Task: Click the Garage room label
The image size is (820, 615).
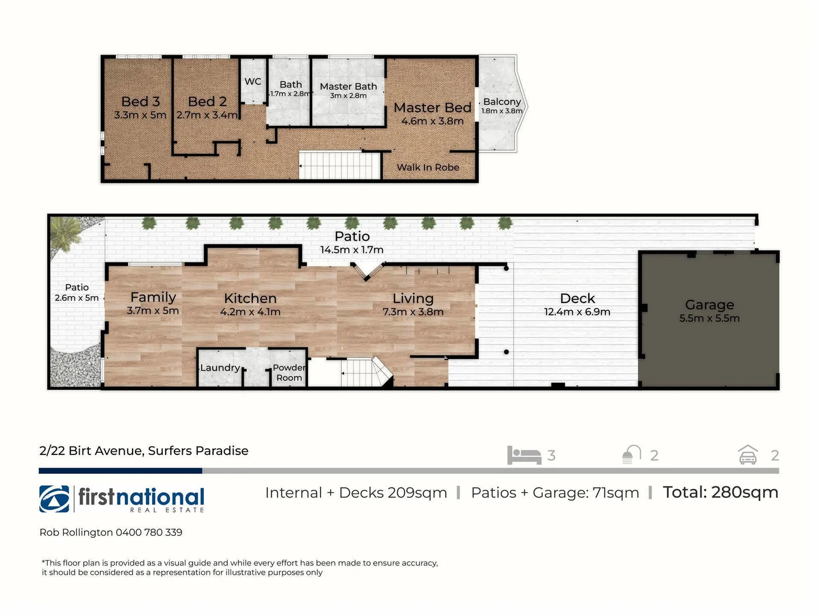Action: [710, 305]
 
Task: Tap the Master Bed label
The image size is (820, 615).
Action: [432, 108]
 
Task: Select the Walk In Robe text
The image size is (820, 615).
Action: [428, 167]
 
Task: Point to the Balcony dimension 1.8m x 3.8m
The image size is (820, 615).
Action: [502, 111]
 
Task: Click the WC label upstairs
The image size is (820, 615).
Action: [253, 81]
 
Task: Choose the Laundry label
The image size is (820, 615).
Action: [220, 368]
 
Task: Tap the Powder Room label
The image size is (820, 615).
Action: [289, 372]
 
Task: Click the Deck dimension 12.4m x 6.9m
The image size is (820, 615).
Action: [577, 312]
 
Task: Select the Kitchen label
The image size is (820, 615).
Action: [250, 298]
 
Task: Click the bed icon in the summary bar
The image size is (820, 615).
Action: [524, 456]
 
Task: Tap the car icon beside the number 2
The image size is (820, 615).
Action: [748, 455]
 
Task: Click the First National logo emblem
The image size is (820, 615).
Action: [54, 499]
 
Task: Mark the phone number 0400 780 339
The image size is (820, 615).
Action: [149, 532]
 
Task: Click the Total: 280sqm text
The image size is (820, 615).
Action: [720, 493]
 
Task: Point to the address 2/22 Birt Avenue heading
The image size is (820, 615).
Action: [143, 451]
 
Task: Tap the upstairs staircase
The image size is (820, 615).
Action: [339, 166]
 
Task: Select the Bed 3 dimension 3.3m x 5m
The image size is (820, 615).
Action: [140, 115]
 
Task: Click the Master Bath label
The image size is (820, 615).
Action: [348, 87]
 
